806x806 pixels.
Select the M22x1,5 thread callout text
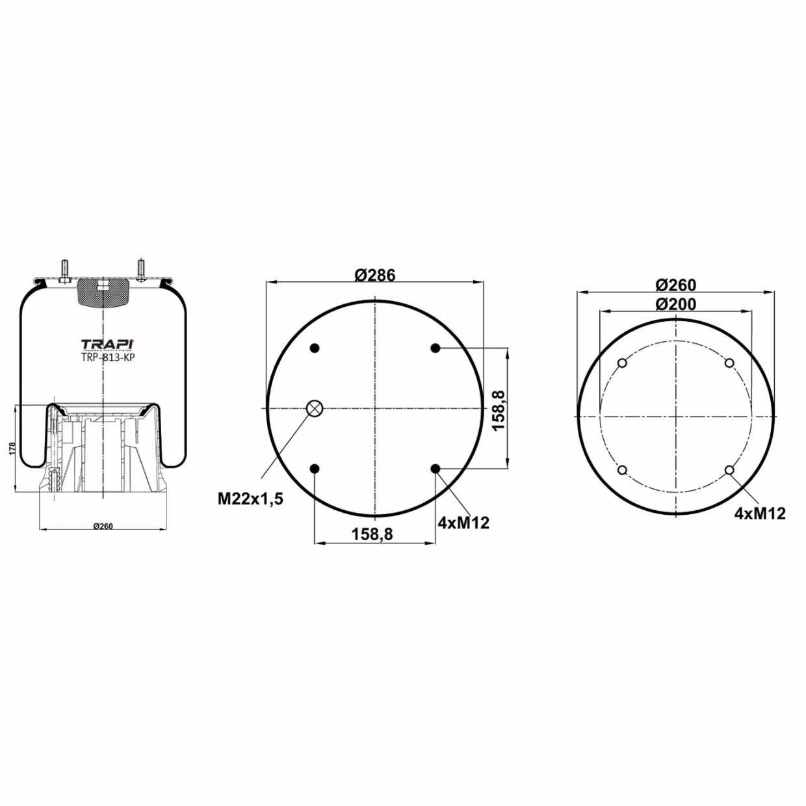(250, 499)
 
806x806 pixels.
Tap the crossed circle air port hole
(315, 408)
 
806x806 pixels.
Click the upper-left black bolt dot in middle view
(315, 348)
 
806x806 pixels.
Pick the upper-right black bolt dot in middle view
(435, 348)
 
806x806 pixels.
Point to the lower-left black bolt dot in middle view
(315, 469)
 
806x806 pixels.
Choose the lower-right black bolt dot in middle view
(435, 469)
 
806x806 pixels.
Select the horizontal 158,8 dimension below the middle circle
(372, 534)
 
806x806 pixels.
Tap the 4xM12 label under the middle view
(463, 523)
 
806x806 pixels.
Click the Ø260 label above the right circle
(675, 285)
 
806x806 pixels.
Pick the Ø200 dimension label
(675, 304)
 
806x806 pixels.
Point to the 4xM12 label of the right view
(760, 513)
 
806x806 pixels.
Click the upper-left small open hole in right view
(622, 363)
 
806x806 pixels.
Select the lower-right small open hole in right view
(729, 470)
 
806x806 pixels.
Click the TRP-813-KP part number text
(108, 357)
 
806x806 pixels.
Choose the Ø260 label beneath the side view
(103, 526)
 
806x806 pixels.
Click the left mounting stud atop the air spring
(66, 269)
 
